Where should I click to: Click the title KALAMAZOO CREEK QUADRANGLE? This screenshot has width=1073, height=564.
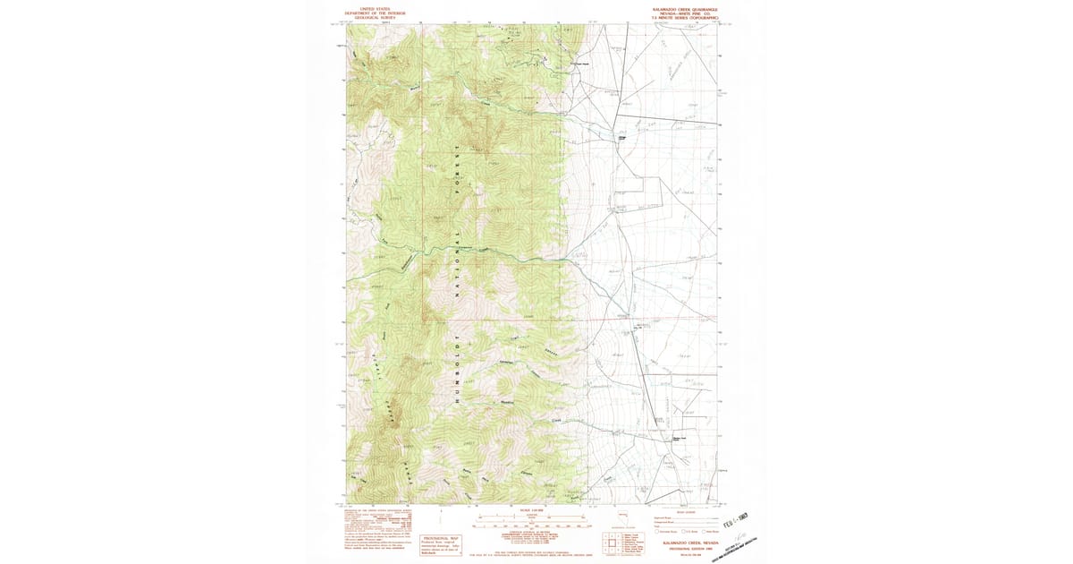coord(685,8)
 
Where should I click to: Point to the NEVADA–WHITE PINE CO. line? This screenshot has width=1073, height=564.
coord(685,13)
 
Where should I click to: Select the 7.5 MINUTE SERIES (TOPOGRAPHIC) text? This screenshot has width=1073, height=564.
coord(685,17)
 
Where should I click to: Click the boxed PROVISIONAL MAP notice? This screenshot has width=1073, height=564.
coord(440,543)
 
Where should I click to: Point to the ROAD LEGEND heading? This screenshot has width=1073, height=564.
coord(688,512)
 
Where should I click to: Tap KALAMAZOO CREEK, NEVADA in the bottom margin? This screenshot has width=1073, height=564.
coord(689,542)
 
